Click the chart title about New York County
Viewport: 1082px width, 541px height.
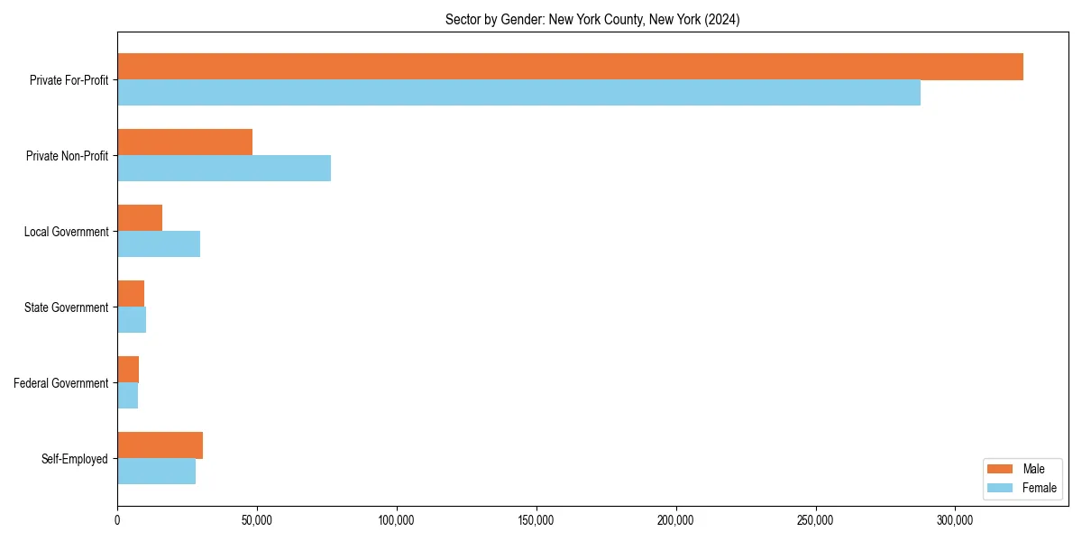tap(592, 20)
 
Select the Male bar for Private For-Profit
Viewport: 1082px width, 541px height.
tap(570, 67)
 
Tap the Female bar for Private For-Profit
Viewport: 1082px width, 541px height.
tap(518, 93)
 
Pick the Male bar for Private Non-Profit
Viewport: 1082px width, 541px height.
tap(185, 142)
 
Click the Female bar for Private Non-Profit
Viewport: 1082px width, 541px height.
tap(224, 169)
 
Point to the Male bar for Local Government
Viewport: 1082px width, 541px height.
tap(140, 218)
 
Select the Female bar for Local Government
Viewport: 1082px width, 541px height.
tap(159, 244)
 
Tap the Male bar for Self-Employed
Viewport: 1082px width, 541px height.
tap(160, 445)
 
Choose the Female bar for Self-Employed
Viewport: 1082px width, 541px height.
tap(156, 472)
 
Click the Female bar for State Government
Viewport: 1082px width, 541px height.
tap(132, 320)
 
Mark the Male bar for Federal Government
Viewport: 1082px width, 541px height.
tap(128, 370)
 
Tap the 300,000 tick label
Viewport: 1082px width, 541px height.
tap(955, 520)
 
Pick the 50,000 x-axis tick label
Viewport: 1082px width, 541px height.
tap(257, 520)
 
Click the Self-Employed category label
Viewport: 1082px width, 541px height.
tap(74, 459)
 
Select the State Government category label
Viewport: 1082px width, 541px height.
tap(66, 307)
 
